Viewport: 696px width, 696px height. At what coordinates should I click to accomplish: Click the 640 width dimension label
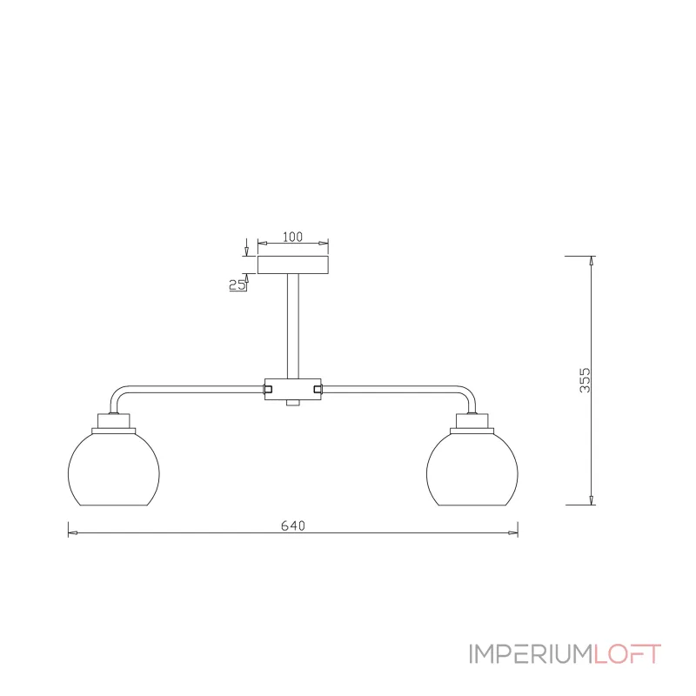tap(293, 525)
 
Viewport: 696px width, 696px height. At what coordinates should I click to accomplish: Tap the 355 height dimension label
tap(585, 380)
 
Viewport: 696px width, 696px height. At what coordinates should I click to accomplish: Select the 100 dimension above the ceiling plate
tap(292, 237)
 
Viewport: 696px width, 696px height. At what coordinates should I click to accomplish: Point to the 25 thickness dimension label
tap(237, 284)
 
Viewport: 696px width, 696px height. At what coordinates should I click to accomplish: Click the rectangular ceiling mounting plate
tap(293, 264)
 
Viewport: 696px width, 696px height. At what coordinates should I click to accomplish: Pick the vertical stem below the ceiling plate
tap(293, 325)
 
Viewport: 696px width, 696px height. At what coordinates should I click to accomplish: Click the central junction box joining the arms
tap(293, 389)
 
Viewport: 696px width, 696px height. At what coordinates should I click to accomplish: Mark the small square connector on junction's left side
tap(268, 389)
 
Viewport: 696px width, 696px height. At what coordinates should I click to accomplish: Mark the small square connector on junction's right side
tap(318, 389)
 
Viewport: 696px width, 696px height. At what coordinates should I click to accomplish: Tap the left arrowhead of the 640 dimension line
tap(73, 532)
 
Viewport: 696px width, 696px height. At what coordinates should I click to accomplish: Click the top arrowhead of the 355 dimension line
tap(592, 261)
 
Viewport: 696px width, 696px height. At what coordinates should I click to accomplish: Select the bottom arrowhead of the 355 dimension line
tap(592, 499)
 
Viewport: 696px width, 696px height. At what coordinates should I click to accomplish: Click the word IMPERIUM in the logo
tap(532, 654)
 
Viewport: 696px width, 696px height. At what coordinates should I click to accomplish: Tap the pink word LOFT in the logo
tap(627, 654)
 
